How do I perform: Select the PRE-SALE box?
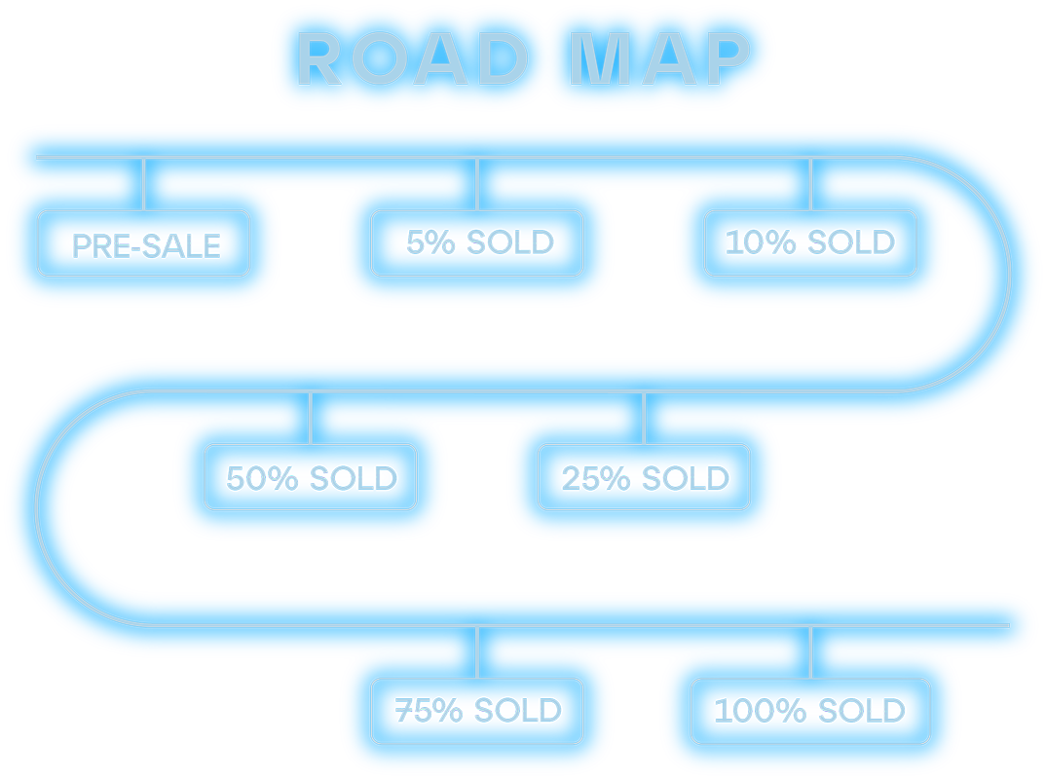tap(144, 243)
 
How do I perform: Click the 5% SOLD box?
tap(477, 242)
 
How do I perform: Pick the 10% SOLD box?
tap(810, 242)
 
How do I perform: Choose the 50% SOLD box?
tap(311, 477)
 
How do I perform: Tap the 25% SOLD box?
tap(644, 477)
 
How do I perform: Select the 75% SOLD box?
tap(477, 711)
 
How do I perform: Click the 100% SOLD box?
tap(810, 711)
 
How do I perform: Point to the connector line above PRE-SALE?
tap(144, 183)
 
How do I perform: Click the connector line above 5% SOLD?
tap(477, 183)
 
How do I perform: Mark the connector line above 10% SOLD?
tap(810, 183)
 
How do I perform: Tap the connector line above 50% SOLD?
tap(311, 418)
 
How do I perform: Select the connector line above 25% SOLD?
tap(644, 418)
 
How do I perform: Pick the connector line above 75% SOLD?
tap(477, 651)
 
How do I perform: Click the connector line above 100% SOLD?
tap(810, 651)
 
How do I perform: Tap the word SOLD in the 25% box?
tap(686, 478)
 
